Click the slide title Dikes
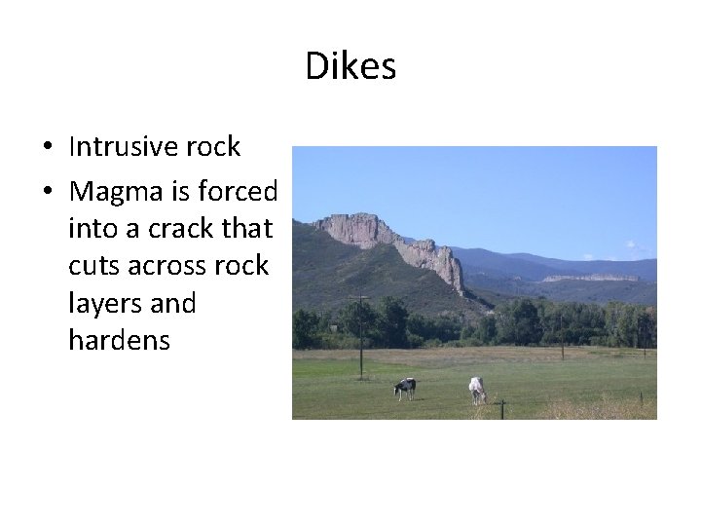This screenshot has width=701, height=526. tap(350, 66)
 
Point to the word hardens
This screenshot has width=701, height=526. tap(119, 340)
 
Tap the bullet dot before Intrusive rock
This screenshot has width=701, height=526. tap(47, 148)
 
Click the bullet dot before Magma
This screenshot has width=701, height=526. tap(47, 192)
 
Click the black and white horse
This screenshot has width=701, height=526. tap(405, 387)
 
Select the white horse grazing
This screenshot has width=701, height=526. tap(477, 389)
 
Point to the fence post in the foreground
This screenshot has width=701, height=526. tap(502, 410)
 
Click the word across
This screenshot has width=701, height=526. tap(179, 266)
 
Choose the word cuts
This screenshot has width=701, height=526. tap(95, 266)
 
